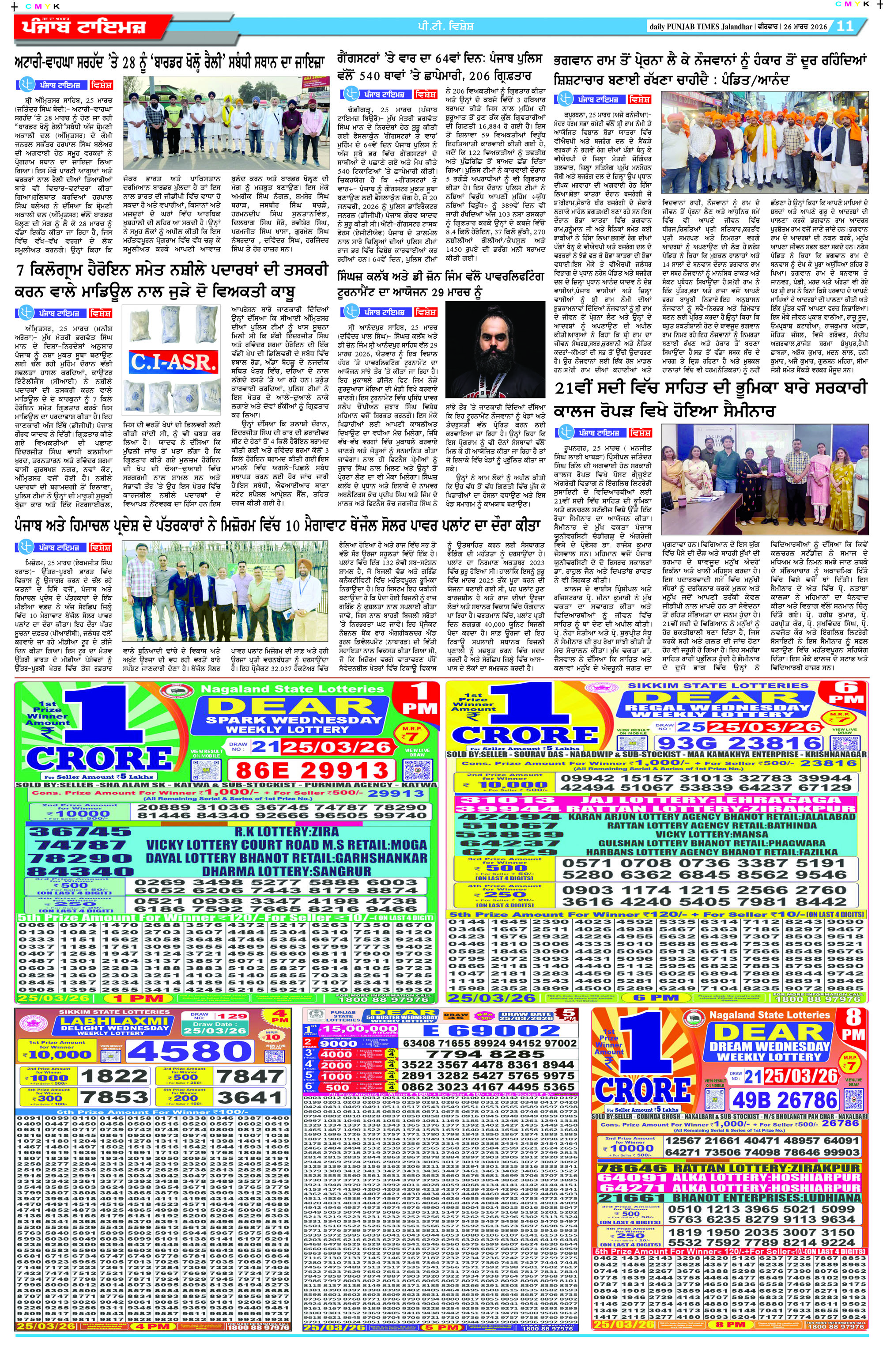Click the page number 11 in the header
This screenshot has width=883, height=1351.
pyautogui.click(x=845, y=26)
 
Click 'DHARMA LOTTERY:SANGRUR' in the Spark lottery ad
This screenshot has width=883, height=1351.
pyautogui.click(x=287, y=871)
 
